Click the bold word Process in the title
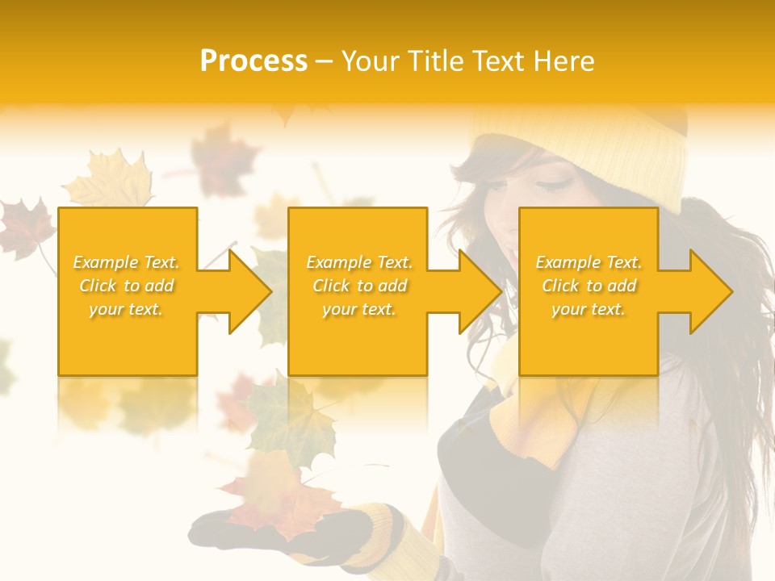pos(253,61)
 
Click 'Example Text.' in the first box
pos(127,261)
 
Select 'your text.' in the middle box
pos(358,309)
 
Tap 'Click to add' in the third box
pos(589,286)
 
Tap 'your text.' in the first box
pos(127,309)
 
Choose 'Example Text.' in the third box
pos(589,261)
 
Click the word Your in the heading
pos(369,61)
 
